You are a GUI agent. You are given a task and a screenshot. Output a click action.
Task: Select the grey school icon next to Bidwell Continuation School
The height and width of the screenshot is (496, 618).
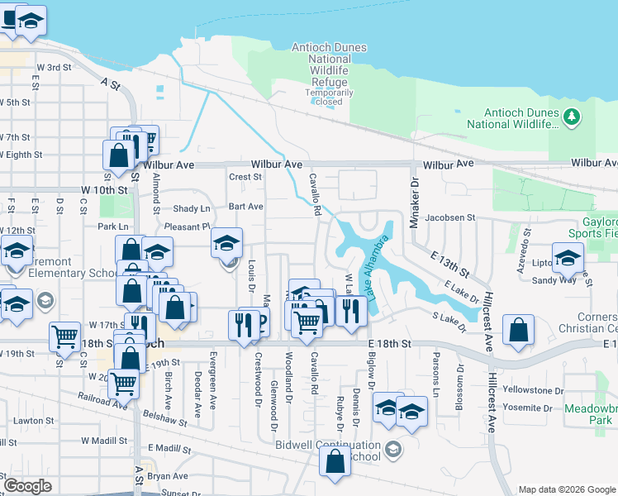point(393,450)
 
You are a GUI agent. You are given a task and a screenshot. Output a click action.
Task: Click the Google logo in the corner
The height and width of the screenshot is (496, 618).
point(27,486)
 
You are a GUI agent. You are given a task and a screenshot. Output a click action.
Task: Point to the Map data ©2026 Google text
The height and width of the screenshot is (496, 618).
point(566,489)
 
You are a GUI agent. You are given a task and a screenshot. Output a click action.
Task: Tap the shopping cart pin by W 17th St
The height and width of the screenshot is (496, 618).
point(64,336)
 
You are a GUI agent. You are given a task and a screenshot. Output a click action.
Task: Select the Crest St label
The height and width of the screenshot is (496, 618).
point(245,176)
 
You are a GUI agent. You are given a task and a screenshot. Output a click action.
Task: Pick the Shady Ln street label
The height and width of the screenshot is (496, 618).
point(192,208)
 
